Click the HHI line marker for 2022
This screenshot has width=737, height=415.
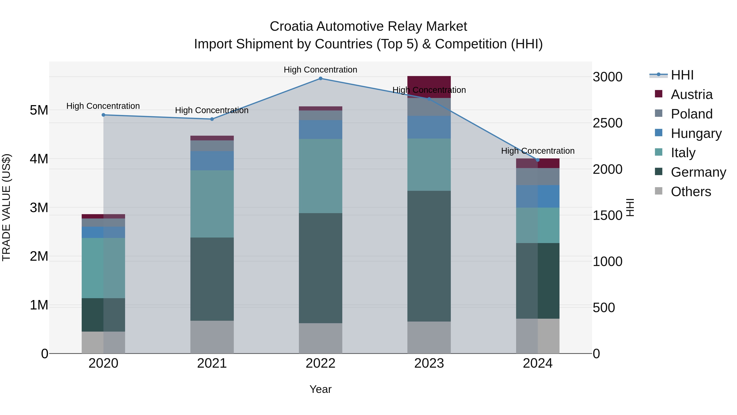click(x=320, y=78)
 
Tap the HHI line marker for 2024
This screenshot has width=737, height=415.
click(x=538, y=160)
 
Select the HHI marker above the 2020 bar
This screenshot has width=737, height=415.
click(x=104, y=115)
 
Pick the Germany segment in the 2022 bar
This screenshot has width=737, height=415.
click(x=320, y=268)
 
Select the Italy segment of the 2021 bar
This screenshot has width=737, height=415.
click(x=212, y=204)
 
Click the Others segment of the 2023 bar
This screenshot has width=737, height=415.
click(x=429, y=337)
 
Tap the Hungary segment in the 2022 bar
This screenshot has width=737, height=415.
click(x=320, y=130)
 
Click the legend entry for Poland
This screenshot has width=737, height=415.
click(x=691, y=114)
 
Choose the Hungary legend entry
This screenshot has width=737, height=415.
click(x=696, y=133)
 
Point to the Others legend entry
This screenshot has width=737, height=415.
click(x=691, y=192)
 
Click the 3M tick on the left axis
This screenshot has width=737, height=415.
click(x=39, y=208)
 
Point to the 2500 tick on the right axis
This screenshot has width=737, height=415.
click(x=607, y=123)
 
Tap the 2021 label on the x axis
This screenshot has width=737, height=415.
click(x=212, y=363)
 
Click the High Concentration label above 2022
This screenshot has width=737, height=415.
click(x=320, y=70)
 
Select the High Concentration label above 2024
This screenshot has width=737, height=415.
click(x=538, y=151)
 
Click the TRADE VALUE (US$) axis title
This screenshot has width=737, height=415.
click(x=6, y=208)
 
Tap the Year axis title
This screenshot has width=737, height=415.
click(x=320, y=389)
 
